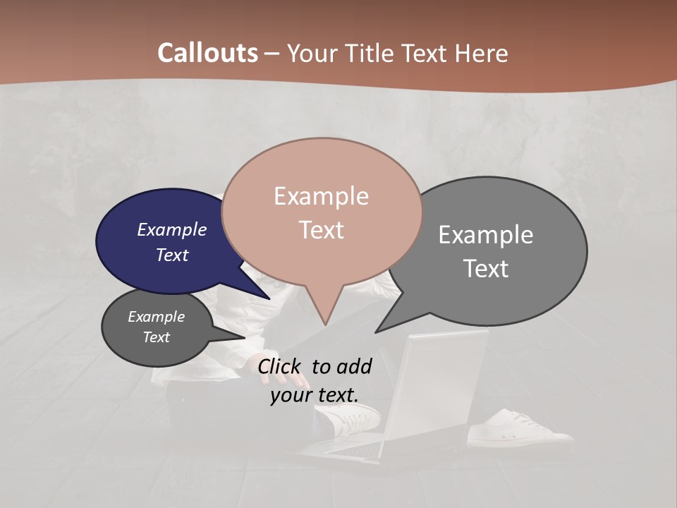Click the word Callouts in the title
207,53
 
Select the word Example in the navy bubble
172,229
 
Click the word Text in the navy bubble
172,255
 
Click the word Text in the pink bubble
321,230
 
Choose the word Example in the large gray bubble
486,234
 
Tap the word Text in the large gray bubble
486,269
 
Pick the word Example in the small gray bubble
157,317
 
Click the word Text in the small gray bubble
157,337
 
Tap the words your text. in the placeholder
315,395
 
